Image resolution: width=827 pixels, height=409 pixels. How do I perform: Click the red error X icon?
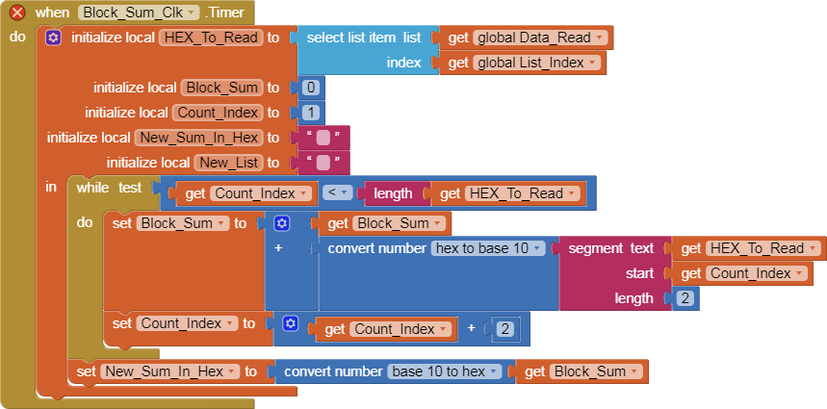17,13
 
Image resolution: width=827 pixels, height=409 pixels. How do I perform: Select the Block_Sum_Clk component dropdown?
139,13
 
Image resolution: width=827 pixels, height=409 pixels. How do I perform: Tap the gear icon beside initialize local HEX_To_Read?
53,38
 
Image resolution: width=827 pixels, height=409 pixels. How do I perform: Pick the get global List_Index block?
526,63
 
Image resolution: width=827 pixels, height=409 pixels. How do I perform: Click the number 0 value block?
310,88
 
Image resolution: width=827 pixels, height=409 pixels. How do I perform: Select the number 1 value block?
311,113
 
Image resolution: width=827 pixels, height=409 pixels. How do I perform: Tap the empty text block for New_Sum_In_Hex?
323,138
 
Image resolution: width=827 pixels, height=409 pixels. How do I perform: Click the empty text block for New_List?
323,163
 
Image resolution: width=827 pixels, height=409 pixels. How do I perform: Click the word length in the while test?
393,193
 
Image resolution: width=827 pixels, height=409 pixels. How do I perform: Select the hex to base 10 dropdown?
488,248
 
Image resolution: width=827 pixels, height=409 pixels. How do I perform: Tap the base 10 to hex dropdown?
444,371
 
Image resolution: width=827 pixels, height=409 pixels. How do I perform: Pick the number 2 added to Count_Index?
506,329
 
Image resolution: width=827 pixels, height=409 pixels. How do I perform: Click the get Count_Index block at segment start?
744,273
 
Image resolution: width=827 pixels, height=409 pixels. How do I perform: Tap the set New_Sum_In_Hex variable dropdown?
169,371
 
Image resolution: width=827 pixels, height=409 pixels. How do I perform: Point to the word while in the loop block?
92,187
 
